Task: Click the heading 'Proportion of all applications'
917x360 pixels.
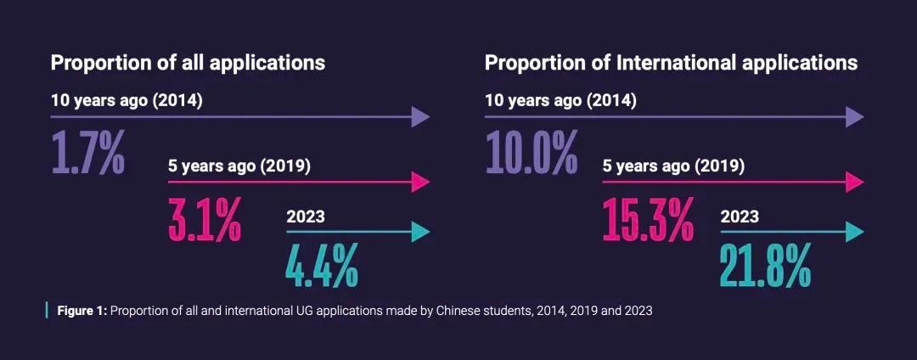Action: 188,63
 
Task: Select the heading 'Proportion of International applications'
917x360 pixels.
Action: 671,63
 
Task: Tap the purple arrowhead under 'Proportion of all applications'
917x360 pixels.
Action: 420,117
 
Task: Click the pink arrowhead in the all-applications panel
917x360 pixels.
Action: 420,182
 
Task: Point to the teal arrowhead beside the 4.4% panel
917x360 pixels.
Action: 420,232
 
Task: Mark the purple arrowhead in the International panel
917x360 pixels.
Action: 854,117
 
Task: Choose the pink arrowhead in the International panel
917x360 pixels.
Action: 854,182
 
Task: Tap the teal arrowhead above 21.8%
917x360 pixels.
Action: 854,232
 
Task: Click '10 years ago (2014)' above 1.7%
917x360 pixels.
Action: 127,100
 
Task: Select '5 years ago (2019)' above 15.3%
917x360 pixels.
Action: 673,166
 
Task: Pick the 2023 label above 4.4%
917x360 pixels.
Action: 306,217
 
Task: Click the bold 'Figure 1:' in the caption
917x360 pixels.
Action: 82,311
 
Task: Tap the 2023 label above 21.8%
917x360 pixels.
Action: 740,217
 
